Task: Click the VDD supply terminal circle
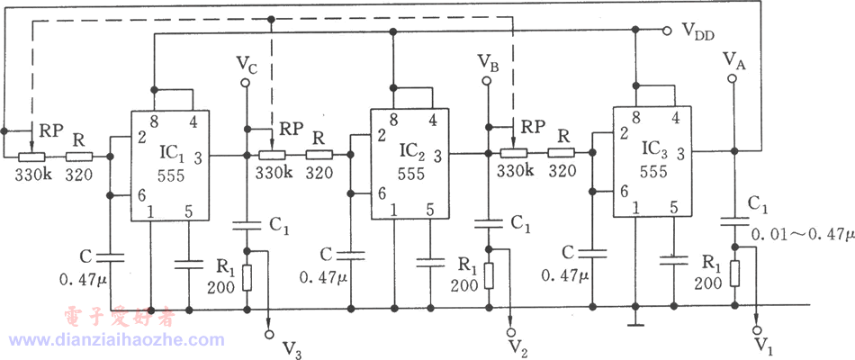pos(666,31)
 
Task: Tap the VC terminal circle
pos(246,83)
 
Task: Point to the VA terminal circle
pos(733,79)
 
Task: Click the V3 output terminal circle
pos(269,333)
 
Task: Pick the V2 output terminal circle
pos(510,331)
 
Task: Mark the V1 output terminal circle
pos(756,330)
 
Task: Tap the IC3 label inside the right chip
pos(654,148)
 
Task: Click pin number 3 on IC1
pos(198,158)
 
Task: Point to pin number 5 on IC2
pos(430,209)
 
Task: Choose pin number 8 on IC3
pos(635,117)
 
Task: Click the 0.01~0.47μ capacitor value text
pos(803,235)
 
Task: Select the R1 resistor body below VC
pos(247,277)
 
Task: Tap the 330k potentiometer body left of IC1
pos(31,157)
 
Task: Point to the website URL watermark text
pos(116,340)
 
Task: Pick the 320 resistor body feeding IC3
pos(561,153)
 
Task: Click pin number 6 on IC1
pos(140,194)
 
